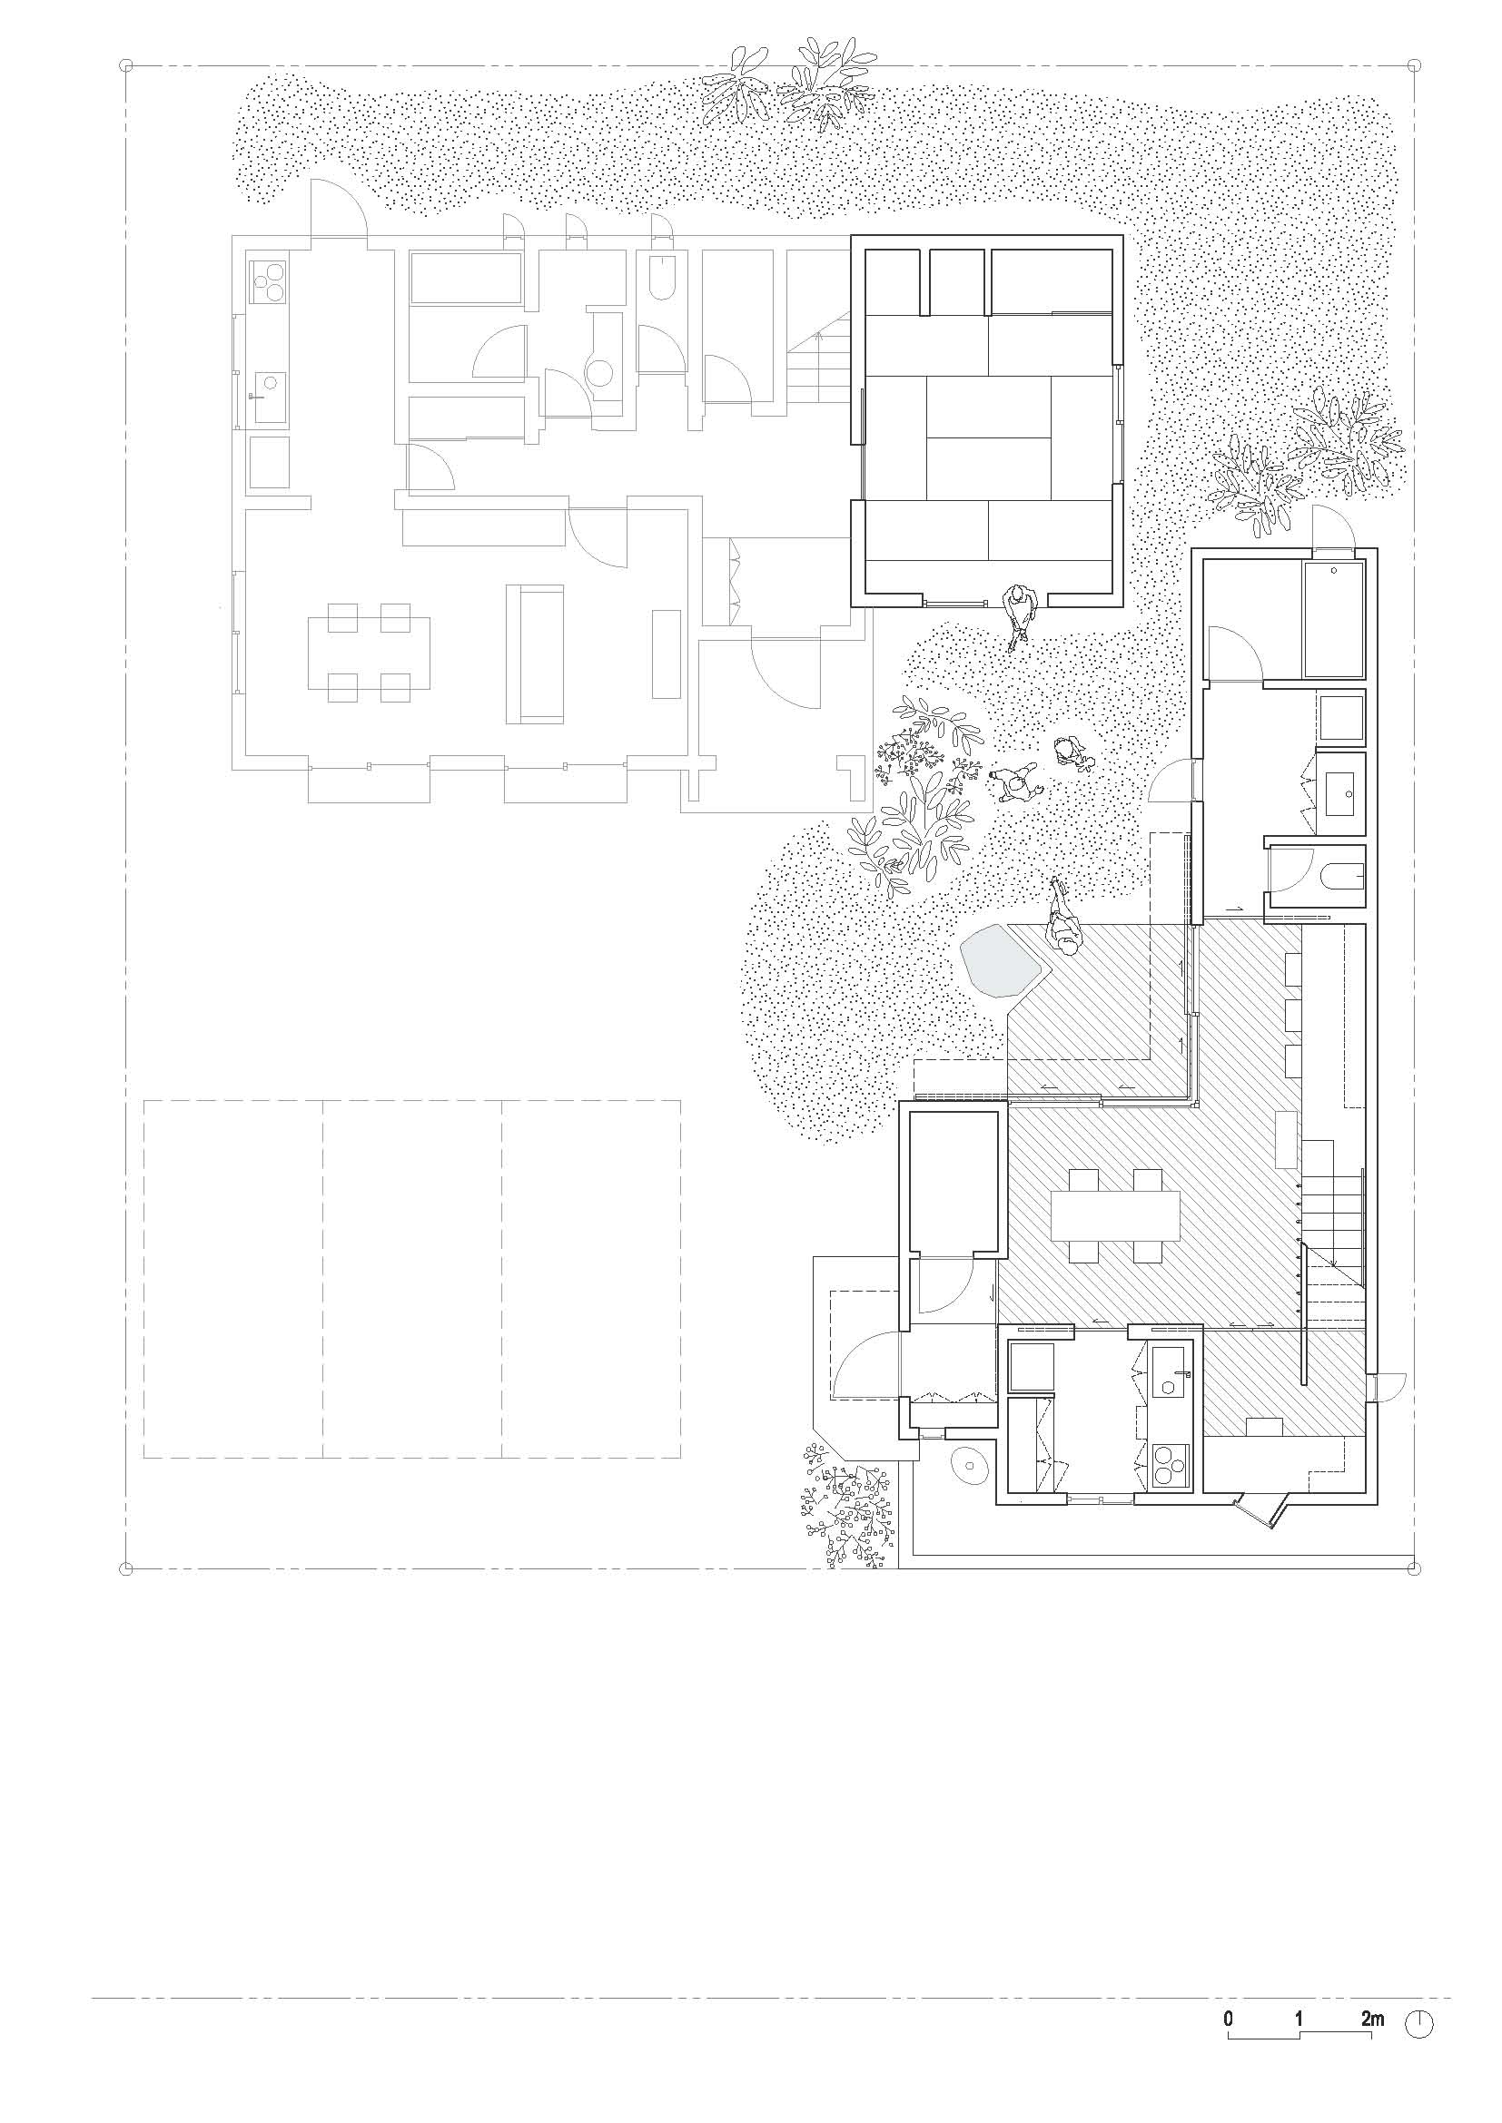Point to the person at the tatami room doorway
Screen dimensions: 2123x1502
(x=1020, y=614)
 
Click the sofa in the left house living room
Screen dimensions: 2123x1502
(x=541, y=654)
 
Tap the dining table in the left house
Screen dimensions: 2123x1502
(x=369, y=653)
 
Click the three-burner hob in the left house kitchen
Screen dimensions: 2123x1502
(x=269, y=281)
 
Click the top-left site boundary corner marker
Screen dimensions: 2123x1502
(x=127, y=65)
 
